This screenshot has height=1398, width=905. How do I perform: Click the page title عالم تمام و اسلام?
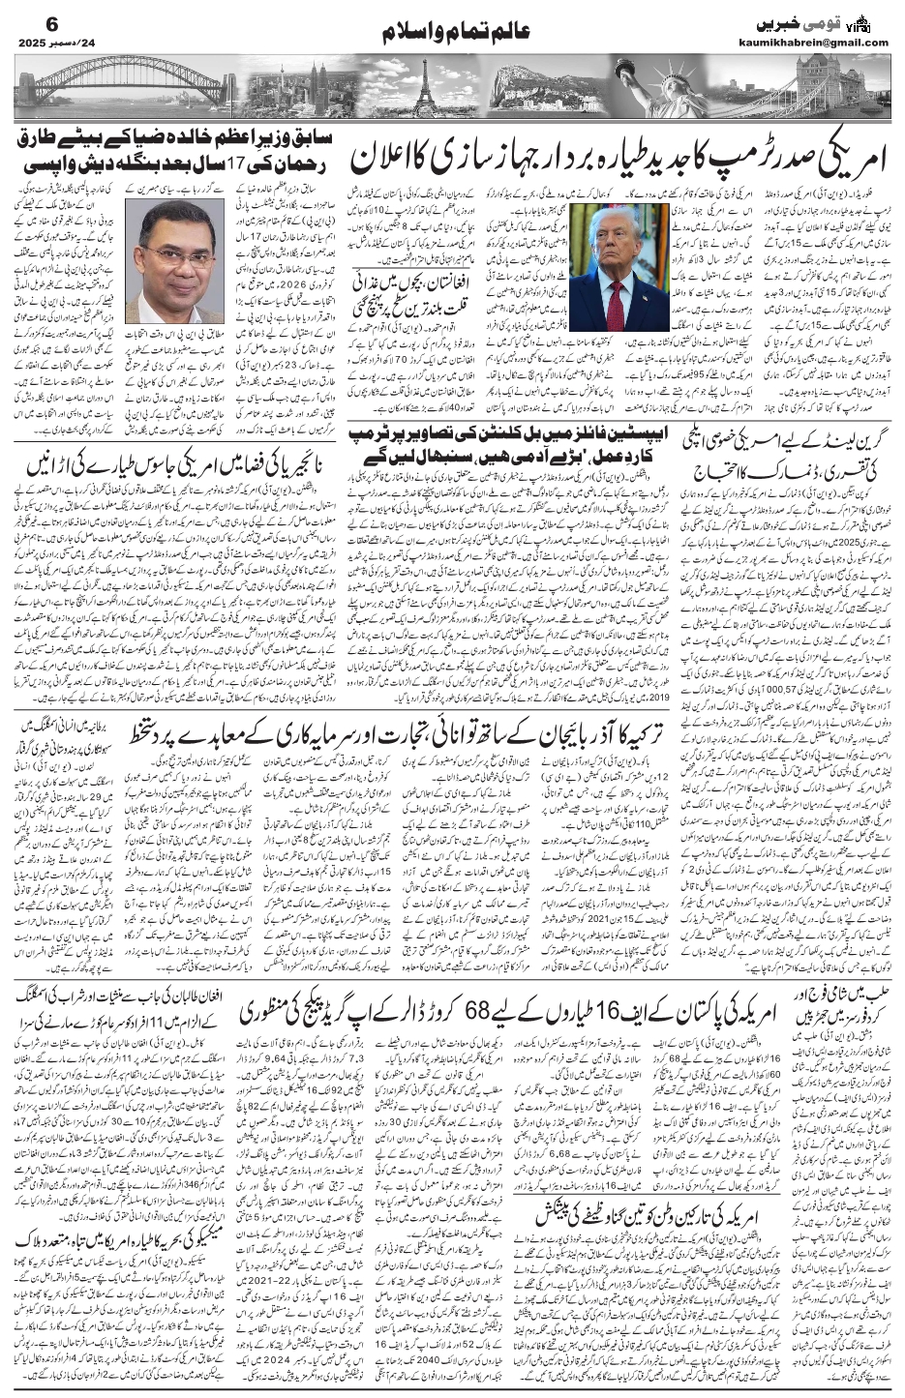(x=453, y=35)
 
